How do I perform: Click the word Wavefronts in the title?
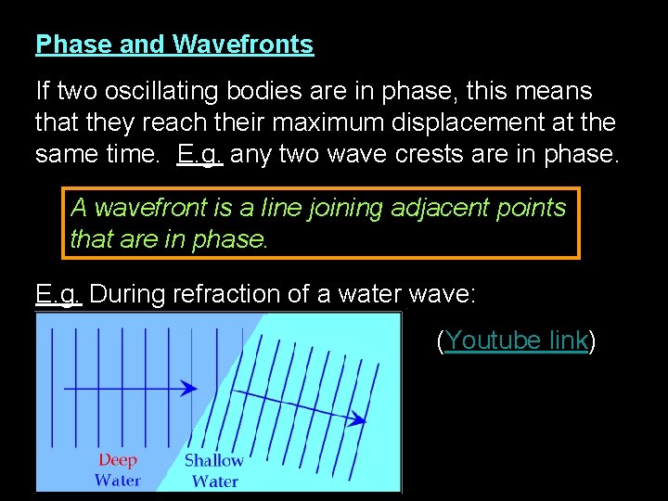243,45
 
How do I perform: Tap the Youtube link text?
516,340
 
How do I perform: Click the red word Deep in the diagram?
118,460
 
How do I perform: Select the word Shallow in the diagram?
213,460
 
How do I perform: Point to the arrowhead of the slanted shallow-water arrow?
357,419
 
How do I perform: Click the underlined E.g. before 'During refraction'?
58,294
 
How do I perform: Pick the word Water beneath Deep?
118,480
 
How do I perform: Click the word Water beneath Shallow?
214,481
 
